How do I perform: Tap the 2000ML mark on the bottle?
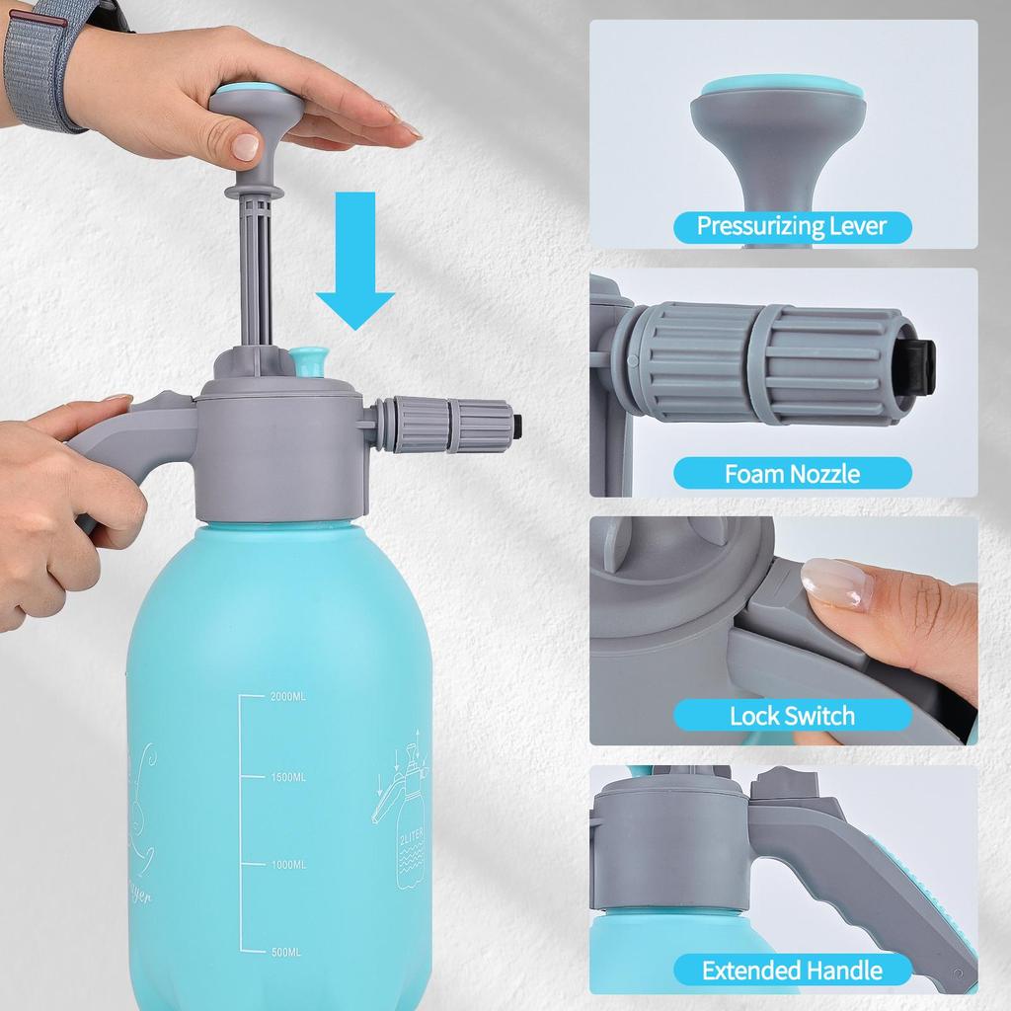click(x=288, y=696)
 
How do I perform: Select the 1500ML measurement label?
click(x=288, y=778)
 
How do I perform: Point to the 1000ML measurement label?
click(x=288, y=865)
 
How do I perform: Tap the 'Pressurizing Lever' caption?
click(x=792, y=226)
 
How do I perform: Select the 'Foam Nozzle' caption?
click(x=792, y=474)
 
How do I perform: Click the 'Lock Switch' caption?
click(x=792, y=716)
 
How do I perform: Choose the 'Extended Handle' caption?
click(x=792, y=971)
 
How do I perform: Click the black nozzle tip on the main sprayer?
click(x=517, y=426)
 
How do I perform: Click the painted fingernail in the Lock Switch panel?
click(x=835, y=583)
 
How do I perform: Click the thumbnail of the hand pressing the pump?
click(x=245, y=147)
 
